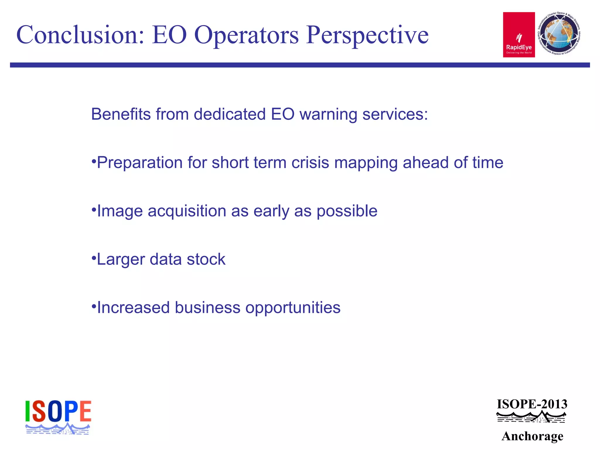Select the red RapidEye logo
coord(519,35)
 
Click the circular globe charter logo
coord(559,34)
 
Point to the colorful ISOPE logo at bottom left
coord(58,417)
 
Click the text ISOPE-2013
coord(532,404)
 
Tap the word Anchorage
coord(532,436)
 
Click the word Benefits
coord(121,114)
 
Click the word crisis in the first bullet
coord(310,163)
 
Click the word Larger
coord(121,260)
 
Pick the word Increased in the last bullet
coord(133,308)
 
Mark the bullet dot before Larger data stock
coord(94,258)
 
